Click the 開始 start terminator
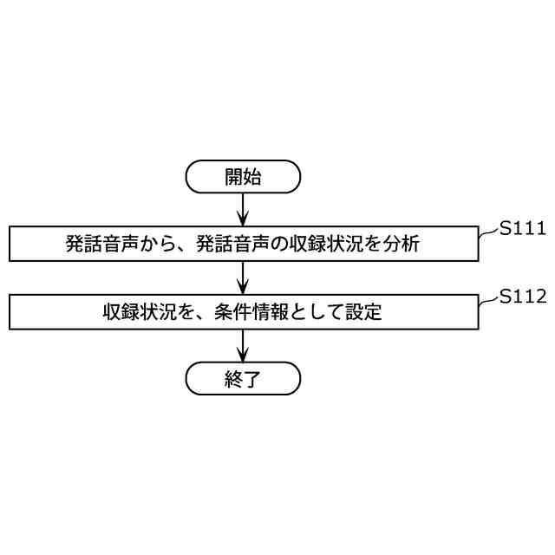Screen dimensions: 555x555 coord(243,177)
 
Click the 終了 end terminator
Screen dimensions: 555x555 coord(243,379)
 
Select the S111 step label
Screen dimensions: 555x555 coord(522,229)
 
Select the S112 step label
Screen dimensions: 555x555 coord(522,297)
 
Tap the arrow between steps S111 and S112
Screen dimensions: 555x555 coord(243,277)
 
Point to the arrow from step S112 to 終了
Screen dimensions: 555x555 coord(243,344)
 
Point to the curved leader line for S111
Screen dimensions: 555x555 coord(488,232)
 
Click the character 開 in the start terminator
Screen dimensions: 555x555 coord(233,177)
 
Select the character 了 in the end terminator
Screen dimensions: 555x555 coord(252,379)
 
